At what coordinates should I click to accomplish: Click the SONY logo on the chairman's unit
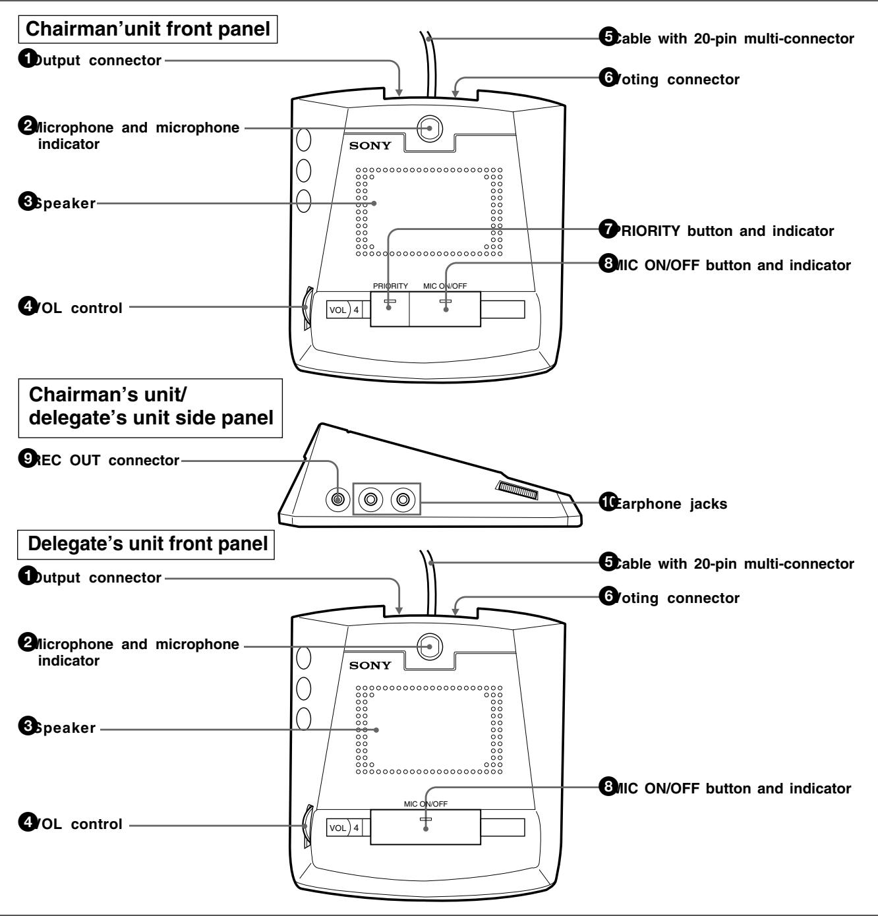click(370, 145)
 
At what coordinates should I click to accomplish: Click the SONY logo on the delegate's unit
click(370, 665)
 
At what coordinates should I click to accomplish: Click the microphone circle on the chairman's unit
click(430, 128)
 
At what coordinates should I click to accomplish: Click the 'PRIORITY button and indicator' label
click(723, 231)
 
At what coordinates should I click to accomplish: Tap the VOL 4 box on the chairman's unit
click(343, 309)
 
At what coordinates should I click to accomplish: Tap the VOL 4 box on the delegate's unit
click(343, 827)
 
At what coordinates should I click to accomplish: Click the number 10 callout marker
click(607, 503)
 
